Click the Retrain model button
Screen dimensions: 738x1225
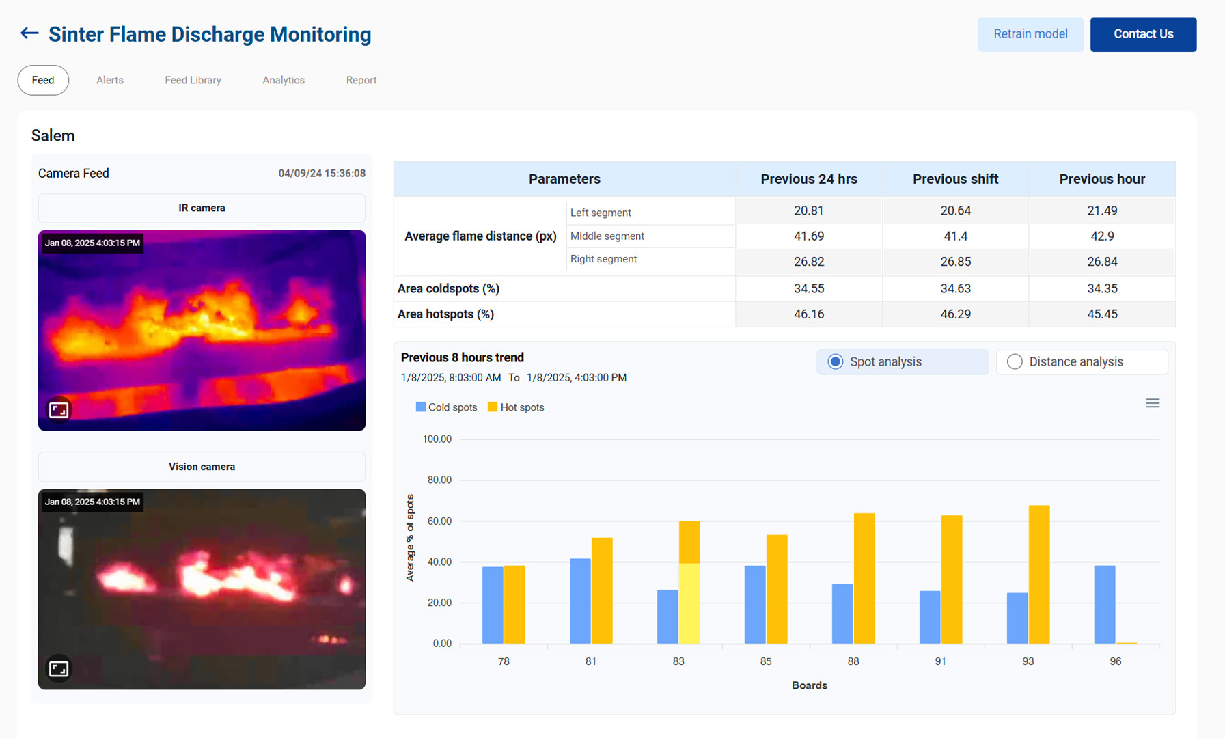click(x=1030, y=34)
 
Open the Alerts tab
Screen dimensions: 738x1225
click(x=110, y=80)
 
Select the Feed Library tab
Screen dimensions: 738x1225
click(x=193, y=80)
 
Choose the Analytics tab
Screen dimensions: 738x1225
click(x=284, y=80)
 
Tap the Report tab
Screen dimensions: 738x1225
click(x=361, y=80)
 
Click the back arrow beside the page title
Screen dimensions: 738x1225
click(x=29, y=33)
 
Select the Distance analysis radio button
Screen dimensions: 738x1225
click(x=1015, y=361)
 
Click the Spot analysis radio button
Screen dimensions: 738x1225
click(x=836, y=361)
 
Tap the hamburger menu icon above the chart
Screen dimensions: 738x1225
click(x=1153, y=403)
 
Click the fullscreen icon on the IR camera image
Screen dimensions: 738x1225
click(x=59, y=410)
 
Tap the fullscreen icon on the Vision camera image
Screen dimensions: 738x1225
click(x=59, y=668)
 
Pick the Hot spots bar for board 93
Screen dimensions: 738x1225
click(x=1038, y=574)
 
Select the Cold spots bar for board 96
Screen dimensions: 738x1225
click(x=1104, y=605)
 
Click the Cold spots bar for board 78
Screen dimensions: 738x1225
click(x=493, y=605)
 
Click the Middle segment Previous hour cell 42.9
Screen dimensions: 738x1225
click(x=1101, y=236)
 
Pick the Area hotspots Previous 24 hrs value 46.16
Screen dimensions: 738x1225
click(x=808, y=314)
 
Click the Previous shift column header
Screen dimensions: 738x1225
click(x=955, y=179)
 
